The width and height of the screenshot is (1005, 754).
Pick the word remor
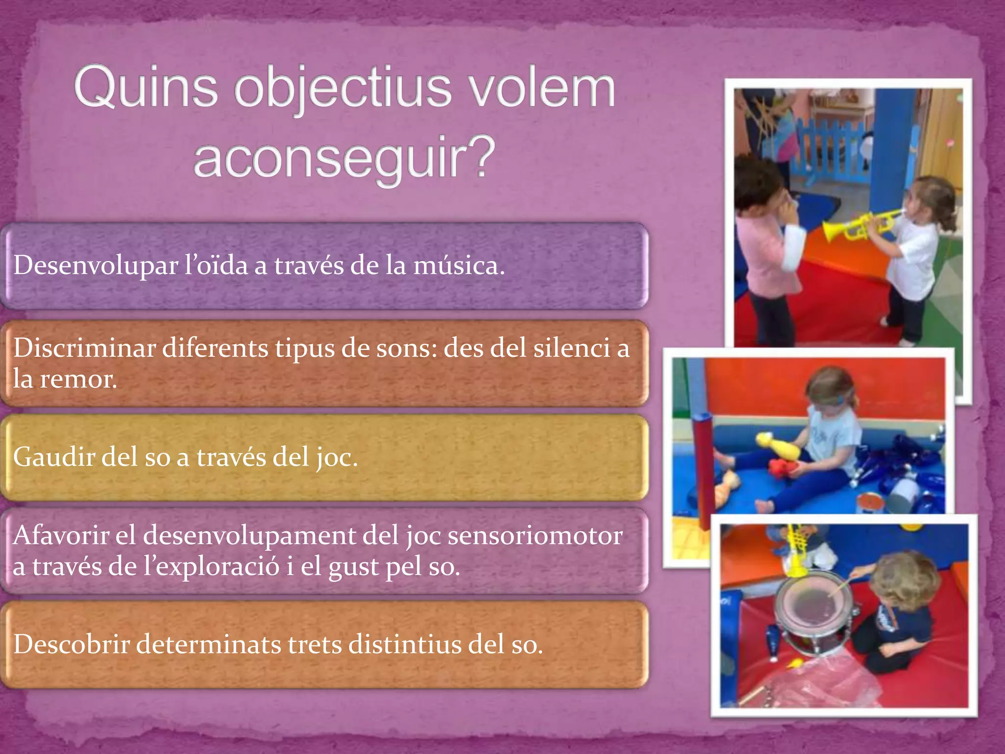point(78,379)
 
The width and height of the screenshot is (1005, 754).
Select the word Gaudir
point(53,457)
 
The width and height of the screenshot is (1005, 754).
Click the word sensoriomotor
point(535,536)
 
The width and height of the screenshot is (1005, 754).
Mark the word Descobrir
point(71,644)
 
